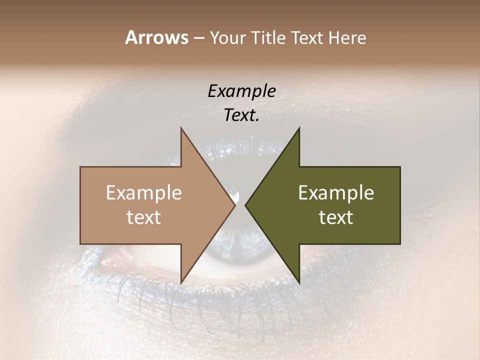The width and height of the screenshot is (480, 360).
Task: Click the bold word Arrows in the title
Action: pos(156,37)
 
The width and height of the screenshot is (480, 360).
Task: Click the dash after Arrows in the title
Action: pos(198,38)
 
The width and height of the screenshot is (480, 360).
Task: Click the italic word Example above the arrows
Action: pos(241,91)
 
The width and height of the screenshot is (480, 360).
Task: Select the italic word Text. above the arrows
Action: pos(241,115)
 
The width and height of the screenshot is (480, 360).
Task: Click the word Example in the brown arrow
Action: pos(144,193)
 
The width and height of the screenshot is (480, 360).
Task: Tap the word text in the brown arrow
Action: pos(144,217)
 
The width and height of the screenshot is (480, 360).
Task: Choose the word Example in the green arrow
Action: pos(336,193)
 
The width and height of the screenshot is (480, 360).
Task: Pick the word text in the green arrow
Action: pos(336,217)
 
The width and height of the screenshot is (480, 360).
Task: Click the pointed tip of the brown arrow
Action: pos(235,205)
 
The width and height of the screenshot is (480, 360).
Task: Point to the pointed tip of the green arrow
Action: pos(245,205)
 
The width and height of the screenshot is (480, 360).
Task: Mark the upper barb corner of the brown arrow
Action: pos(181,128)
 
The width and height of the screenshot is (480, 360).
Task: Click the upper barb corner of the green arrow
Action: pos(299,128)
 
